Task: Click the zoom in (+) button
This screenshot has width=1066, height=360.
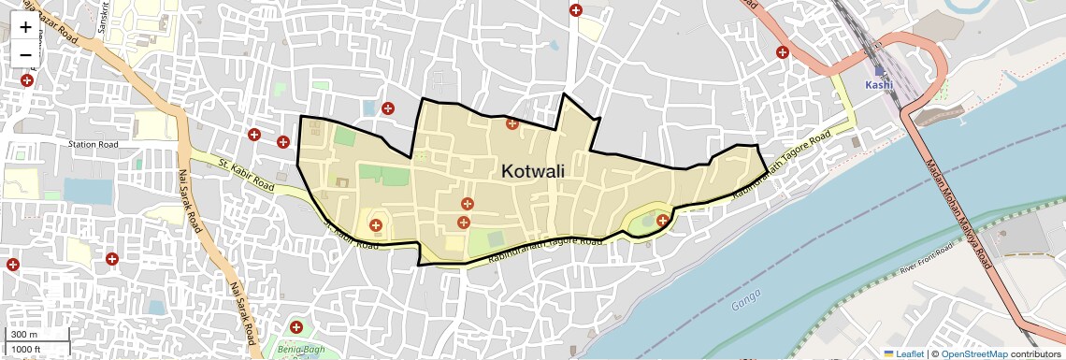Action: [x=25, y=27]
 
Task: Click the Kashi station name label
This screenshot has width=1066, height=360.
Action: [x=879, y=85]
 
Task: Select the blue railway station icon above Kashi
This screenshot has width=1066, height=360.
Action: [x=878, y=70]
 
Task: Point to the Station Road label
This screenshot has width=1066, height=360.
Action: [x=94, y=145]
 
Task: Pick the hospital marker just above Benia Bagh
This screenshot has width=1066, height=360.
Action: [x=296, y=327]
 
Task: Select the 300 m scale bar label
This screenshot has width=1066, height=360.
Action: [x=24, y=335]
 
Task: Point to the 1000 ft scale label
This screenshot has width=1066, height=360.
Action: [x=27, y=349]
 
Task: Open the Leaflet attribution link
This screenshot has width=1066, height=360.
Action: [x=903, y=353]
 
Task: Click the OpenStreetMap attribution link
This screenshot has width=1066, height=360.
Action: [x=973, y=353]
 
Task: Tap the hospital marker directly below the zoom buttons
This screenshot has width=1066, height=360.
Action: [x=26, y=81]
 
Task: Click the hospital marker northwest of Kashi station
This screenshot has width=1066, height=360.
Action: [x=782, y=52]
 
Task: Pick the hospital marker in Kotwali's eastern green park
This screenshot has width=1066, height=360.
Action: [x=662, y=221]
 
